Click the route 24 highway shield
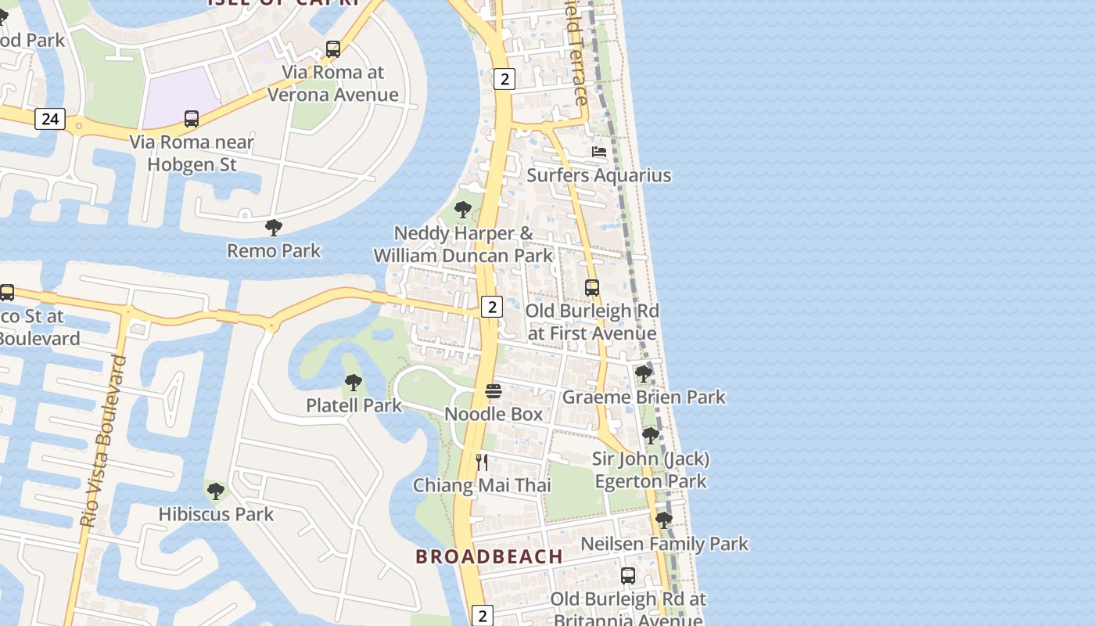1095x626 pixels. pyautogui.click(x=50, y=119)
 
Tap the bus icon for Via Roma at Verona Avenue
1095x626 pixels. pyautogui.click(x=333, y=50)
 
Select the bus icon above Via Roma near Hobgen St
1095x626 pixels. pyautogui.click(x=192, y=119)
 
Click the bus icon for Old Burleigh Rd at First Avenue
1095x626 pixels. pyautogui.click(x=592, y=288)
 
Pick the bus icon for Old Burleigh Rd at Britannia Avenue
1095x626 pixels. pyautogui.click(x=627, y=576)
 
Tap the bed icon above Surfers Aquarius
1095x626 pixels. pyautogui.click(x=599, y=152)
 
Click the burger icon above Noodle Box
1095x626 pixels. pyautogui.click(x=493, y=390)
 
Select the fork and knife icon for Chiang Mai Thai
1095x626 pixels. pyautogui.click(x=482, y=462)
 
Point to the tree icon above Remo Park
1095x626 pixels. pyautogui.click(x=273, y=228)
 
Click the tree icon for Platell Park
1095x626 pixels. pyautogui.click(x=353, y=383)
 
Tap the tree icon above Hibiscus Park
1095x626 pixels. pyautogui.click(x=215, y=491)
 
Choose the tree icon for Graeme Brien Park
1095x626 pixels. pyautogui.click(x=644, y=374)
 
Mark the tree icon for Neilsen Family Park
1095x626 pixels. pyautogui.click(x=664, y=520)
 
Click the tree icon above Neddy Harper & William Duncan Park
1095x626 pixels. pyautogui.click(x=462, y=210)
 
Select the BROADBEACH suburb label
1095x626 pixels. pyautogui.click(x=489, y=557)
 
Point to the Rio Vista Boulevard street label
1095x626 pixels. pyautogui.click(x=104, y=441)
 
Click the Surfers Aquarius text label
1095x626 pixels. pyautogui.click(x=598, y=175)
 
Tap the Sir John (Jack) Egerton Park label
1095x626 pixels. pyautogui.click(x=651, y=469)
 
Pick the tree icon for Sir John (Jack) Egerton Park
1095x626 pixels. pyautogui.click(x=650, y=436)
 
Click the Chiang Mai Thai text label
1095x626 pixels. pyautogui.click(x=482, y=485)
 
